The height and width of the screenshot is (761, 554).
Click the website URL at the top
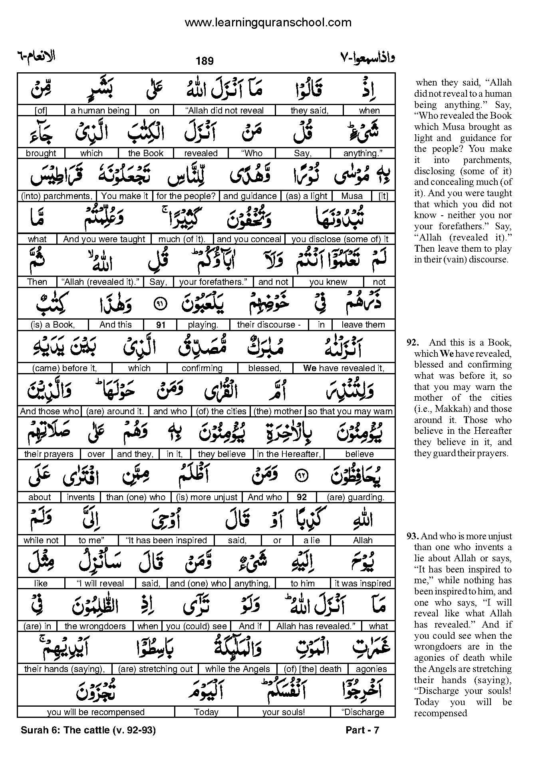[x=268, y=22]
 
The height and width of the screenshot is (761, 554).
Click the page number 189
[x=205, y=61]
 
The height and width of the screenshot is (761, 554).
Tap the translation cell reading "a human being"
[x=100, y=111]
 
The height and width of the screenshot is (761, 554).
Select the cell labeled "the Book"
[x=146, y=153]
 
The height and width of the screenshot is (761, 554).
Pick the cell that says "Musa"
[x=352, y=196]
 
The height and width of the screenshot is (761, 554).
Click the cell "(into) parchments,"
[x=56, y=196]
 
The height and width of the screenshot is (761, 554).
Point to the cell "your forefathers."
[x=213, y=282]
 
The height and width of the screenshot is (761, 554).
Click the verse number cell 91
[x=161, y=325]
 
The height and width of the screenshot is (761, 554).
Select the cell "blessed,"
[x=265, y=368]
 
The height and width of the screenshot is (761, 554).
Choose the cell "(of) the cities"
[x=220, y=411]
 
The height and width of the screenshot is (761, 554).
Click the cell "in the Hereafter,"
[x=289, y=454]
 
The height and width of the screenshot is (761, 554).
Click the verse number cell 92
[x=302, y=497]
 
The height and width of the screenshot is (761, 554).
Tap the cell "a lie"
[x=312, y=540]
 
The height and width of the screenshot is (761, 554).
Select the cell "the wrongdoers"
[x=95, y=626]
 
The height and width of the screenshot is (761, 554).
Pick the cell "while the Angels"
[x=238, y=669]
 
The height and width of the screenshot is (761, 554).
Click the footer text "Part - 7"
[x=362, y=730]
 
